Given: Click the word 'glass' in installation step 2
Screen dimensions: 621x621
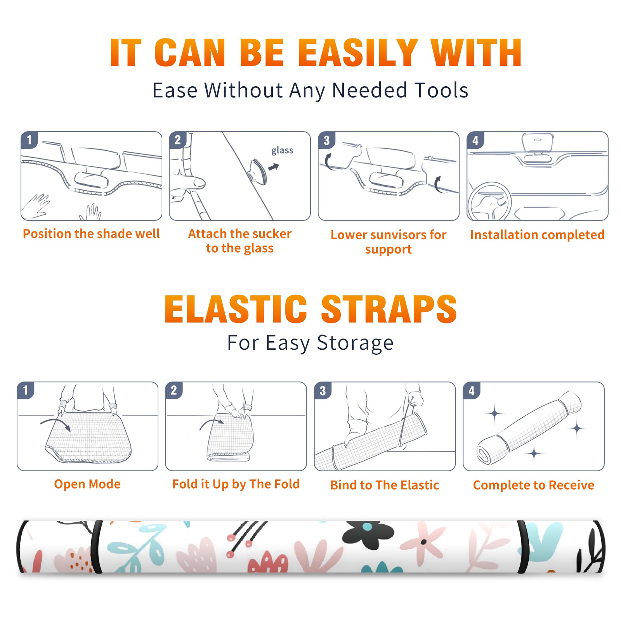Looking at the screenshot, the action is point(282,151).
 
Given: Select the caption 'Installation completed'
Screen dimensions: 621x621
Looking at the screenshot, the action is point(537,235).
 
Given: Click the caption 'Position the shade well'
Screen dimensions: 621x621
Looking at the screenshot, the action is point(91,234).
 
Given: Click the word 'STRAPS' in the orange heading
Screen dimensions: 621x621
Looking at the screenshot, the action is point(389,309).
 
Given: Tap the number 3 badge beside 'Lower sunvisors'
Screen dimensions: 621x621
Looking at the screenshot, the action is point(327,141).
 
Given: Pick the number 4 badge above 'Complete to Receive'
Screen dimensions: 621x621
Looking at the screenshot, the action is point(472,391).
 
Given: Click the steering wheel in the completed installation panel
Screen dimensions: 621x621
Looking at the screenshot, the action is point(490,201).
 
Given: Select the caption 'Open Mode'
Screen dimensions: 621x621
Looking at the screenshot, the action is point(87,484).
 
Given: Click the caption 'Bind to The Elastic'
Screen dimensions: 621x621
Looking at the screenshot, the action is point(385,485).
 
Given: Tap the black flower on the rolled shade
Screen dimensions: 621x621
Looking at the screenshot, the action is point(368,534).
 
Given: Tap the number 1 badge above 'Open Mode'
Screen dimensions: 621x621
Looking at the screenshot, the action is point(26,390).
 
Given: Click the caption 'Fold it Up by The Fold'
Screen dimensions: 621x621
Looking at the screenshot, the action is point(236,484).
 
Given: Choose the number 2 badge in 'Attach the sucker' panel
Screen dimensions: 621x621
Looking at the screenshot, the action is point(178,140).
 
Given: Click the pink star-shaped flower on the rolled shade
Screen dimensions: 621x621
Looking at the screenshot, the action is point(423,542).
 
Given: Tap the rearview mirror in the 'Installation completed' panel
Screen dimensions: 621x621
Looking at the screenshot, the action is point(538,142).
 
